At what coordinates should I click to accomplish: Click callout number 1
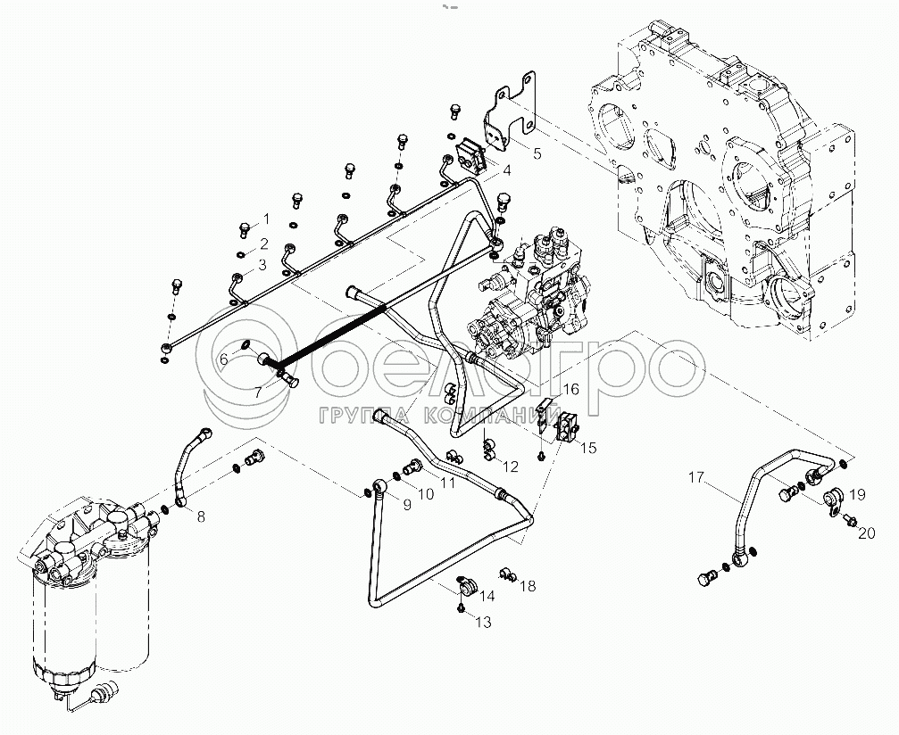tap(264, 219)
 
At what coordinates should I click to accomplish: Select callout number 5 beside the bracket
tap(537, 153)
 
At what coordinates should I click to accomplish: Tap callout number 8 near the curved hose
tap(201, 515)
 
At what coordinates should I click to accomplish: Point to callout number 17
tap(695, 478)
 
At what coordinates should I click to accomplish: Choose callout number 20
tap(865, 533)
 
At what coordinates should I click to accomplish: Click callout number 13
tap(483, 622)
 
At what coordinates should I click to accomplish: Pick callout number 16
tap(570, 389)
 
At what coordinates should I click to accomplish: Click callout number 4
tap(505, 169)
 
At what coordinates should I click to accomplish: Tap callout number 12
tap(510, 466)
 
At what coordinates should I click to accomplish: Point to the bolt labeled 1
tap(243, 229)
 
